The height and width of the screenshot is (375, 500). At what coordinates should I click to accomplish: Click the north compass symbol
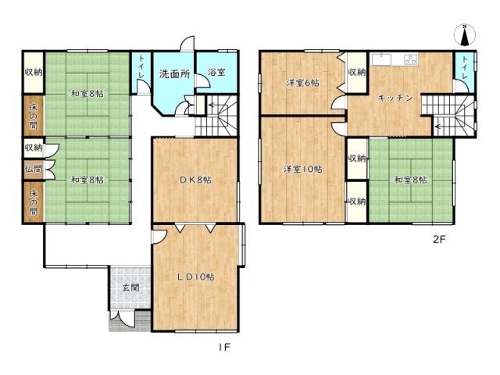pos(465,34)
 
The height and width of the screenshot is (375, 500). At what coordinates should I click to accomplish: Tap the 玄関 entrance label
pos(131,287)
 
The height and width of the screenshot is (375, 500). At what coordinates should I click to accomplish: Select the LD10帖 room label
pos(196,277)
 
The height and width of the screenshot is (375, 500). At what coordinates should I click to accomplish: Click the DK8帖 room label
pos(195,180)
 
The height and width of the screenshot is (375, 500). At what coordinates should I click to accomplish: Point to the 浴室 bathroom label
pos(217,72)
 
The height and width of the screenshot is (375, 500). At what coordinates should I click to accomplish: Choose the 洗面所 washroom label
pos(174,74)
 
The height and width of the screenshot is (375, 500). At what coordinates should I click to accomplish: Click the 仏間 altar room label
pos(34,169)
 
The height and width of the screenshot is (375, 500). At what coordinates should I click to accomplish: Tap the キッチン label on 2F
pos(395,98)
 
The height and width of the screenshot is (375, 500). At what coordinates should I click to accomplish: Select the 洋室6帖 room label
pos(302,83)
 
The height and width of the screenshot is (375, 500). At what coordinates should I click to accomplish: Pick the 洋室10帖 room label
pos(303,169)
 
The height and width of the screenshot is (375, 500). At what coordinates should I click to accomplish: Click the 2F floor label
pos(439,240)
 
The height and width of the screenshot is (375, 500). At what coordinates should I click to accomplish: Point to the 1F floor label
pos(224,347)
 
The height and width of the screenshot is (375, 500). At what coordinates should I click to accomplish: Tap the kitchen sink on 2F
pos(381,59)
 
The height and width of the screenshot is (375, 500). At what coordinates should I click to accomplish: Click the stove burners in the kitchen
pos(411,59)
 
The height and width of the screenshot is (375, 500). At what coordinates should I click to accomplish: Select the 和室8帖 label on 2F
pos(411,180)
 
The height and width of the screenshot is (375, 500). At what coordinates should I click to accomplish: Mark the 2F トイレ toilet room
pos(464,72)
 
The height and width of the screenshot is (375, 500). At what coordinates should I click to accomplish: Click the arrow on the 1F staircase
pos(213,105)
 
